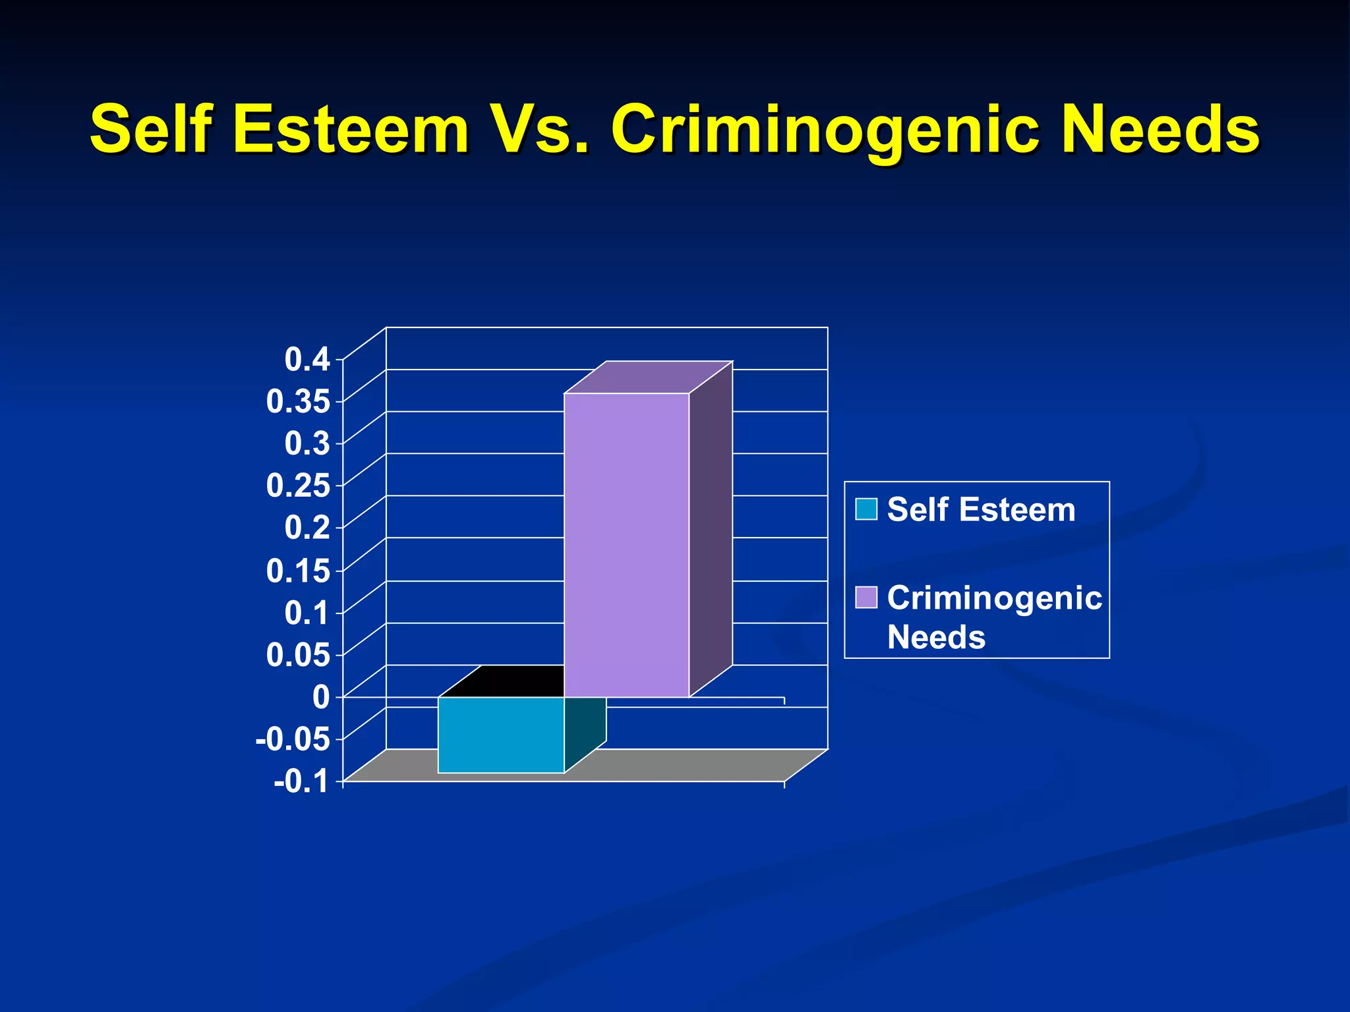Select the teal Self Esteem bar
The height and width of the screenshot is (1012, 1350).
coord(501,734)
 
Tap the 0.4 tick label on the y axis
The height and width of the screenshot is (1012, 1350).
coord(307,360)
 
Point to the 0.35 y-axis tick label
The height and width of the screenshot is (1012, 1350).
coord(298,402)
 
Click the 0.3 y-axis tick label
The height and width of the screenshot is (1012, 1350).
coord(307,443)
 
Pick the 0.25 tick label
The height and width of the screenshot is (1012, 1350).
coord(298,486)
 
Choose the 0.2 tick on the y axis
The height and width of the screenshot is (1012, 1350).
coord(307,528)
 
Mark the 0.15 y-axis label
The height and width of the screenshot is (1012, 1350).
coord(298,571)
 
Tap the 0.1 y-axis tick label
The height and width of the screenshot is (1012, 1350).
coord(307,613)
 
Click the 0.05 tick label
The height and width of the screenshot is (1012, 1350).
coord(298,655)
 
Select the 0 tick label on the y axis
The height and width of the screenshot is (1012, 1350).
coord(321,697)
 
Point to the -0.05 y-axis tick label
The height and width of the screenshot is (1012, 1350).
coord(293,739)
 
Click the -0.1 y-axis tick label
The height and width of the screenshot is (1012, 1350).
coord(302,782)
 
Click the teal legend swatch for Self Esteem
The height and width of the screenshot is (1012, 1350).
coord(866,509)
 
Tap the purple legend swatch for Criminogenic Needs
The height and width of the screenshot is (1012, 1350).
coord(866,598)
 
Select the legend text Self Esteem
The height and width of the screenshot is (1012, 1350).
coord(981,510)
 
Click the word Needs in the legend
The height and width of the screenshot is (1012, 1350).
coord(936,637)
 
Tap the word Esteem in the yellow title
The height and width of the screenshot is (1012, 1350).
coord(351,129)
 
